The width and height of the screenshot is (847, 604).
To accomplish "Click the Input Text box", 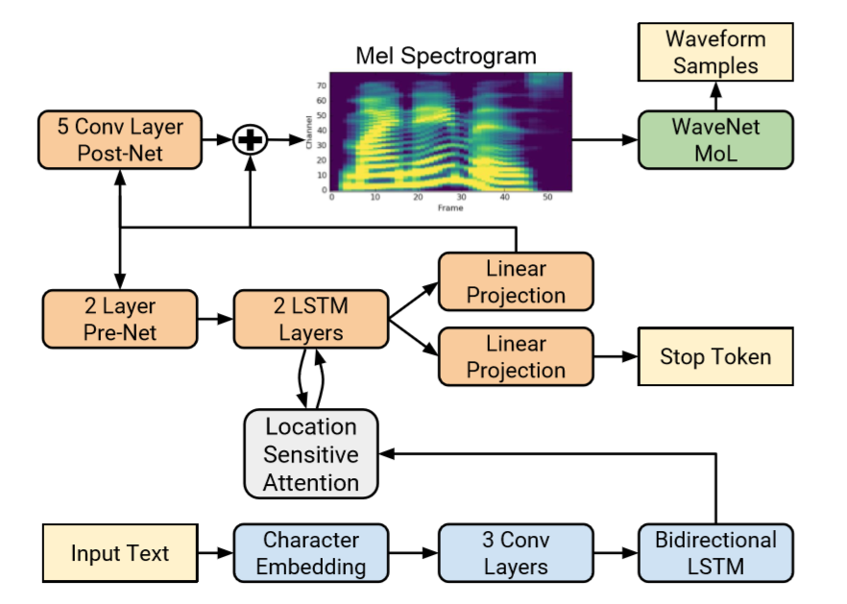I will point(120,553).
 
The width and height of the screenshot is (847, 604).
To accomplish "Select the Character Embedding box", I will point(310,553).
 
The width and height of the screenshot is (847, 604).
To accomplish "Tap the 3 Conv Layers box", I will point(515,553).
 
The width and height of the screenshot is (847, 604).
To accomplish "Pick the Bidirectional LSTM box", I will point(715,553).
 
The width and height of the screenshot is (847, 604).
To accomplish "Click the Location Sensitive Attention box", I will point(311,454).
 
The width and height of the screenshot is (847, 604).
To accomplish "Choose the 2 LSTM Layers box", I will point(311,320).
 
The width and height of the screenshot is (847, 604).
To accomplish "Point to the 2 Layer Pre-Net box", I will point(119,320).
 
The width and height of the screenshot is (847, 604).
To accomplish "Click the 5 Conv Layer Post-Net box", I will point(119,139).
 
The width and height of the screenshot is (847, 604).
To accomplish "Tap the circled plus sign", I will point(250,140).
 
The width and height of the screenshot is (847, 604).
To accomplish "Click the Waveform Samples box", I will point(715,54).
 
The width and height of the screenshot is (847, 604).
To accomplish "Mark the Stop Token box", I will point(715,357).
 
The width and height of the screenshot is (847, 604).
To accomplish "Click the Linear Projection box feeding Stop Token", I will point(516,356).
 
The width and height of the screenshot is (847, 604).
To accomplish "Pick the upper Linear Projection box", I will point(516,281).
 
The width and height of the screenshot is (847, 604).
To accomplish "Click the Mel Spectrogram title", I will point(446,55).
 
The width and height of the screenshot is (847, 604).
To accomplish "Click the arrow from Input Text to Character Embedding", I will point(215,553).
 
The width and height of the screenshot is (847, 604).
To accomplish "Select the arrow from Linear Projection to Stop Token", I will point(616,357).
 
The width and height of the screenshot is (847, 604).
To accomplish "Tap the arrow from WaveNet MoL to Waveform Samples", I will point(715,96).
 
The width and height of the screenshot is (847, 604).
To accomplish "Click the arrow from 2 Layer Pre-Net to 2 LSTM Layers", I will point(215,320).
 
